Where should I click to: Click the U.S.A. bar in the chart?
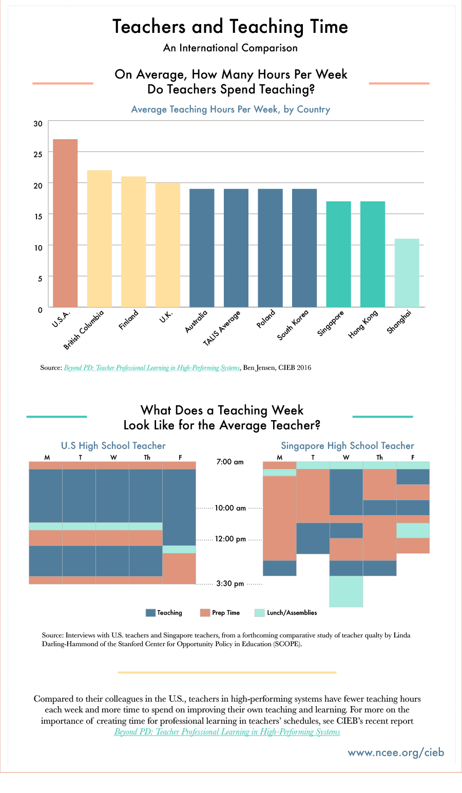65,223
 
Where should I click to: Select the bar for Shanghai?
407,273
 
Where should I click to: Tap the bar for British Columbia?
99,238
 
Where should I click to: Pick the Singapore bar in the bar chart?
338,254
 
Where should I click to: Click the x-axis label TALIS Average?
222,328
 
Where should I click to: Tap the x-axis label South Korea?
293,325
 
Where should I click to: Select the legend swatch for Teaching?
150,613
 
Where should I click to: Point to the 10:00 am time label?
230,508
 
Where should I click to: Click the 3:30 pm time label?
230,584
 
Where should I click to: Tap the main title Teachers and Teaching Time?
230,27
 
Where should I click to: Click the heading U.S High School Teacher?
113,446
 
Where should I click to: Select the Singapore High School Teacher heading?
348,446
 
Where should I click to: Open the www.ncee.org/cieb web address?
396,752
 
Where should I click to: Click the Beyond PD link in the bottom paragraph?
227,732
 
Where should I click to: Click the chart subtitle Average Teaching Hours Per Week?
230,109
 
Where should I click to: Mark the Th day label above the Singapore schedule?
379,458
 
